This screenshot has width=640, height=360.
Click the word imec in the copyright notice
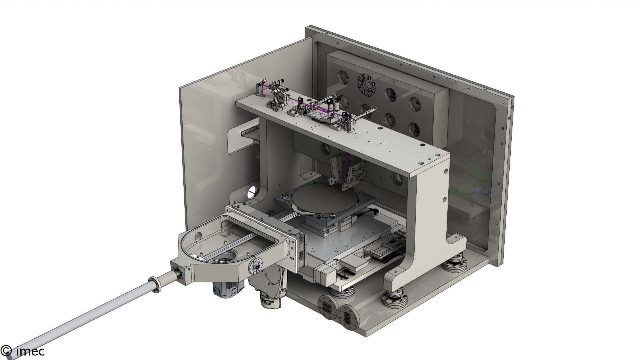coord(30,351)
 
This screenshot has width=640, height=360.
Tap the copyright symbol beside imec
coord(7,351)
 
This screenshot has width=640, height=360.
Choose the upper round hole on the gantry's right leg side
coord(446,172)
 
